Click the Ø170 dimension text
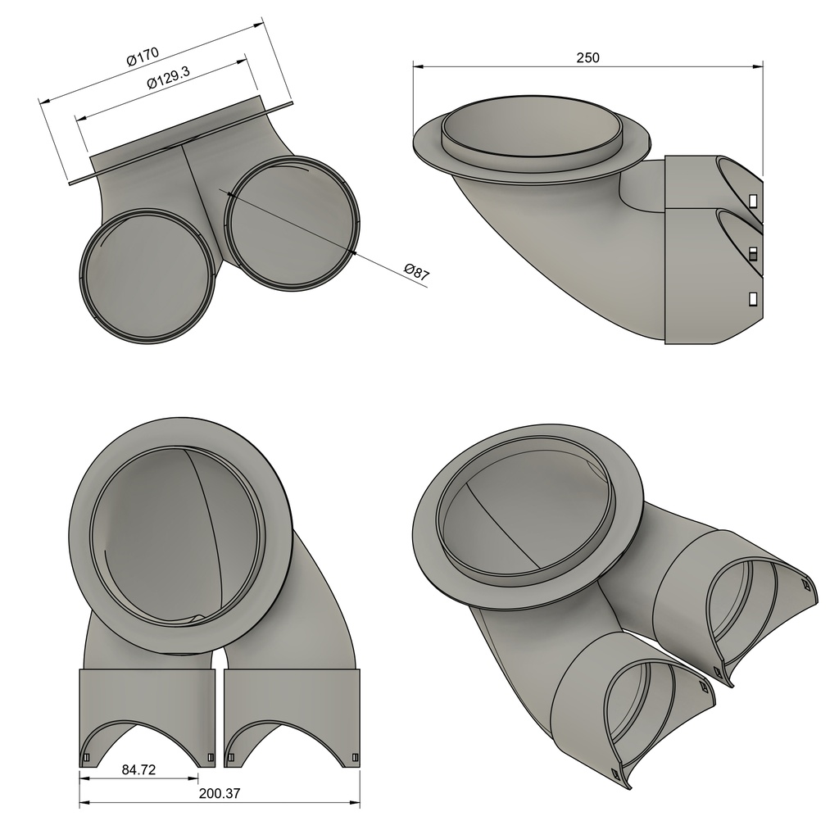tap(142, 58)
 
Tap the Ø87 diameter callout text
tap(417, 272)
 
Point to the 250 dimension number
tap(587, 57)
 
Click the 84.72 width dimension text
tap(139, 770)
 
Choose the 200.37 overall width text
tap(219, 793)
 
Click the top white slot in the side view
tap(752, 200)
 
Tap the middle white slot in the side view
tap(752, 252)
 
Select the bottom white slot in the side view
tap(752, 298)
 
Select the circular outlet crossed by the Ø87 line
tap(293, 222)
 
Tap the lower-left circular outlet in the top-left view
tap(148, 276)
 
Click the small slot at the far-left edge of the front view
tap(86, 757)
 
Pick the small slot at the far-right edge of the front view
tap(354, 757)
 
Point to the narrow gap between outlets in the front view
tap(219, 713)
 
